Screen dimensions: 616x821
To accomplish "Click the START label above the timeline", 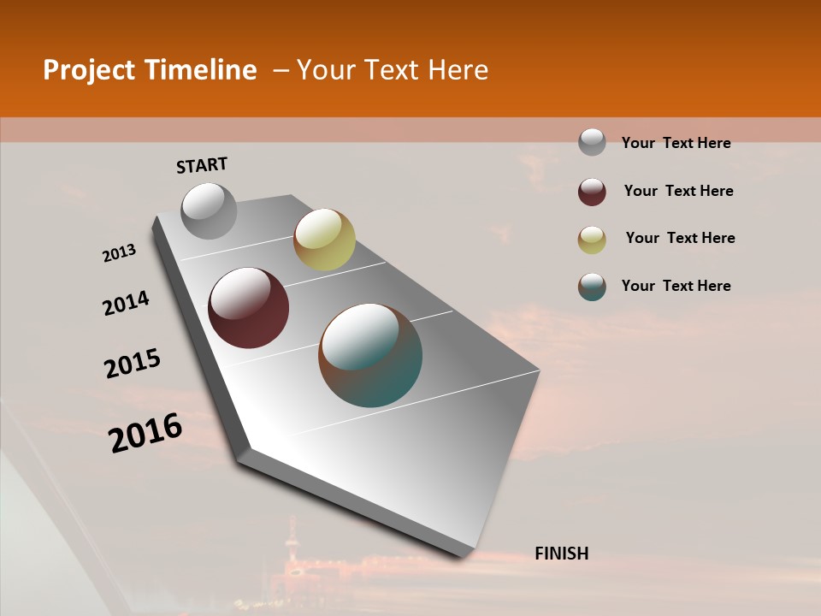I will [202, 165].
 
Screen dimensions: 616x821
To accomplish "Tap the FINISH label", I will [562, 554].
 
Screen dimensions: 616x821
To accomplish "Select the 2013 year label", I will [119, 253].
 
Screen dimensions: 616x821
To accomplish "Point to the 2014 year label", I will [126, 303].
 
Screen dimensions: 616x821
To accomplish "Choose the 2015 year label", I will [133, 364].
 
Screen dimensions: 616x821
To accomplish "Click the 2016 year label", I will [145, 433].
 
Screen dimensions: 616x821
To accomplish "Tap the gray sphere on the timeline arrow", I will [209, 210].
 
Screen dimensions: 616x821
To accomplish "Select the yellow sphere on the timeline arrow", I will [324, 240].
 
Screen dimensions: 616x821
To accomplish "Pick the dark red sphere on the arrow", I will [248, 308].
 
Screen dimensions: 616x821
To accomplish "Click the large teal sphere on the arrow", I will [370, 355].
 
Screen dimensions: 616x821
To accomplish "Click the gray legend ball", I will [592, 143].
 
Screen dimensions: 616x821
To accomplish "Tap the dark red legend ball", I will [592, 192].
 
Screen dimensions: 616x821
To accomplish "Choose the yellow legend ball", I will [592, 240].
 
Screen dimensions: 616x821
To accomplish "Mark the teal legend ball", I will [592, 287].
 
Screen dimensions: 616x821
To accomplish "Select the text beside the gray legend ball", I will [676, 143].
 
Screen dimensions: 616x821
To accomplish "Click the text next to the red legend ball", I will [678, 191].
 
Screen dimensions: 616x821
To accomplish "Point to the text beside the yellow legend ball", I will [680, 238].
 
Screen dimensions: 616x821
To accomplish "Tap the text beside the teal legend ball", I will [676, 286].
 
